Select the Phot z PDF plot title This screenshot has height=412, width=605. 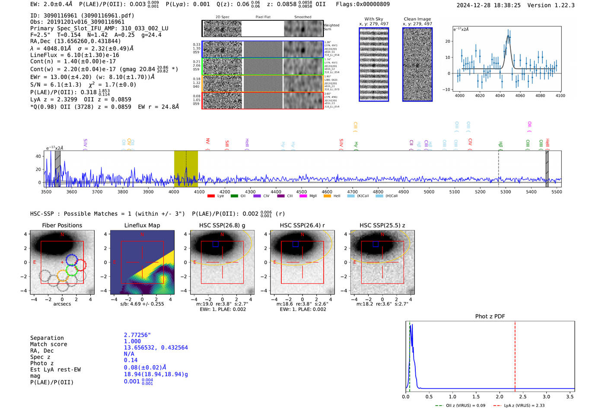490,316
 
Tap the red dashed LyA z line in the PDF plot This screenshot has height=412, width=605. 515,355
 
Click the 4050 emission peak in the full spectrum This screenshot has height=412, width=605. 186,169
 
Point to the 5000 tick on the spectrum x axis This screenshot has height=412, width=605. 429,192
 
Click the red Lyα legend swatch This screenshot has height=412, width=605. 211,196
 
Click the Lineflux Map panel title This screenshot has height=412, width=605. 142,225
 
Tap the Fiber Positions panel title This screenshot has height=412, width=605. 62,225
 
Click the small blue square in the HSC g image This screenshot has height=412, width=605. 215,244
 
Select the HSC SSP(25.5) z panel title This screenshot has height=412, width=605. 382,225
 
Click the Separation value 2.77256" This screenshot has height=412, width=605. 137,335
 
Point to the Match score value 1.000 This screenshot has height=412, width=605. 132,341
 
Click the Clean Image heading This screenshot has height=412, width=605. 417,19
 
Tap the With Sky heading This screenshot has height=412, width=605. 374,19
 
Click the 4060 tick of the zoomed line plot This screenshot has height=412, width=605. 520,96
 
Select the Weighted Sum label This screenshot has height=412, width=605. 331,27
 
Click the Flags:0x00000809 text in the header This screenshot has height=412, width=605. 363,4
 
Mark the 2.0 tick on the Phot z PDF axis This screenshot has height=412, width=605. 500,396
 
